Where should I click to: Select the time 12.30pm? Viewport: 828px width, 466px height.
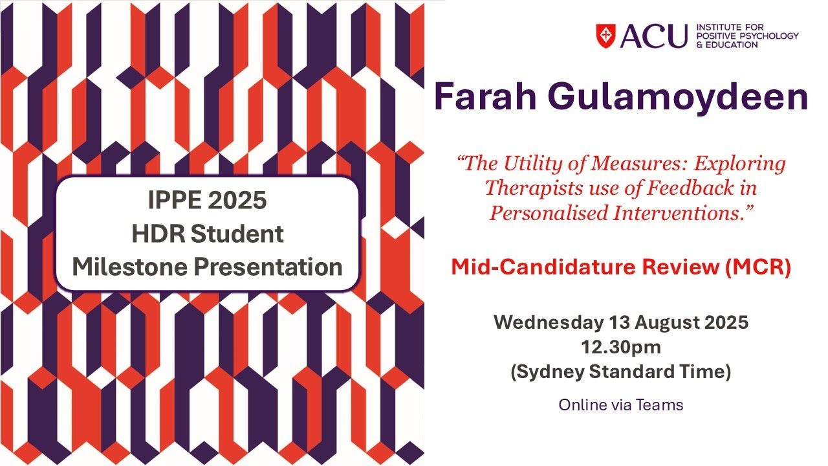pos(621,348)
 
